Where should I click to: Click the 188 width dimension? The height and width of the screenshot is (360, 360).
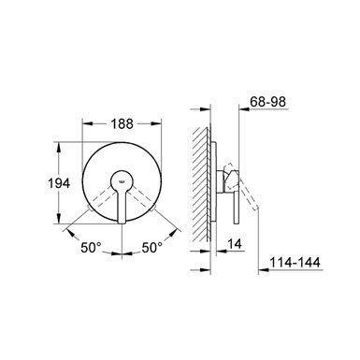coord(122,123)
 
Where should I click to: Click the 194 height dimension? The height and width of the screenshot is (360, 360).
coord(59,183)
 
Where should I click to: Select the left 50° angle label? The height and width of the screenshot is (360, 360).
coord(92,248)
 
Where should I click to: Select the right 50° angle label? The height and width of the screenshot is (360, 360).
coord(152,248)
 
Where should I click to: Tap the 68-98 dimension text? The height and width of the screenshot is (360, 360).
coord(268,102)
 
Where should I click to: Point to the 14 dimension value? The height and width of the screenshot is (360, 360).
coord(235,243)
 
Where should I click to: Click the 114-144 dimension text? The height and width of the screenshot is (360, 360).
coord(295,262)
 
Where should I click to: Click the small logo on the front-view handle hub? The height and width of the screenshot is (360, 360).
coord(121,180)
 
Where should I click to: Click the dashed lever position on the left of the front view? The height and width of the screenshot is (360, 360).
coord(100,200)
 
